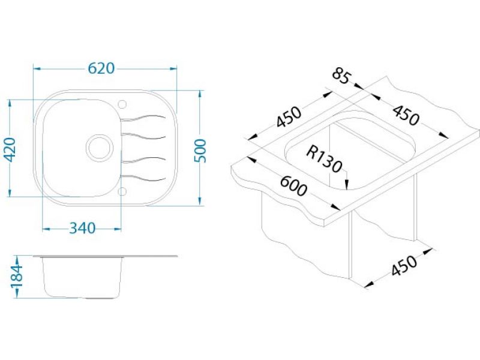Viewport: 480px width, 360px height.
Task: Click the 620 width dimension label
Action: [x=101, y=68]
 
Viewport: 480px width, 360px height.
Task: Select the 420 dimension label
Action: [x=11, y=149]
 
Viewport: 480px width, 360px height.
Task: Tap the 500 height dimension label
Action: [x=201, y=151]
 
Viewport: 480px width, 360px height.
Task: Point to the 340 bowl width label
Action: [x=82, y=228]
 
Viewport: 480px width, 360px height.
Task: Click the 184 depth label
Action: [x=17, y=277]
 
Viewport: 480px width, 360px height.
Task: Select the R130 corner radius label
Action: [x=324, y=159]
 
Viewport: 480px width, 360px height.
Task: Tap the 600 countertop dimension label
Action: [x=293, y=187]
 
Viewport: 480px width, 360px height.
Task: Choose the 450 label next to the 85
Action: [x=406, y=115]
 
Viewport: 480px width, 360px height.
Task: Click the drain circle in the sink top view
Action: [x=99, y=148]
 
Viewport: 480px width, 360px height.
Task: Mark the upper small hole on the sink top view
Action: [x=122, y=104]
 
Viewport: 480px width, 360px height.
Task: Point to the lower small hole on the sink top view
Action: [x=122, y=191]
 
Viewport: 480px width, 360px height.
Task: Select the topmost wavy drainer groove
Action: [x=143, y=118]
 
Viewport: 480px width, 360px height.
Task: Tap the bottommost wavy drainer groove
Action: [x=143, y=178]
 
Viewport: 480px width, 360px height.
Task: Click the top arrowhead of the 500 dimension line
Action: [x=200, y=94]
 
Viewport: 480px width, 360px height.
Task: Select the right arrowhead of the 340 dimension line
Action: [x=118, y=229]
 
